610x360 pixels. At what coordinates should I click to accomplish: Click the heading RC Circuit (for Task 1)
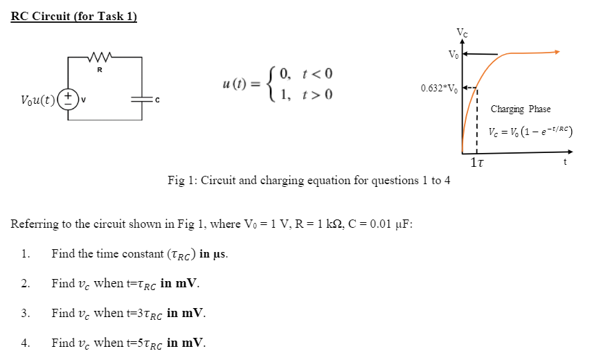coord(74,17)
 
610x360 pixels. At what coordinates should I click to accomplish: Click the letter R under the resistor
coord(100,69)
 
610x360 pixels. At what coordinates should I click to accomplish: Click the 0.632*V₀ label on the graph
coord(439,88)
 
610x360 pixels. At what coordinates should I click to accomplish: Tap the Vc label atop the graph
coord(462,32)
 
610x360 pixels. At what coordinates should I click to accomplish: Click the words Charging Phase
coord(521,109)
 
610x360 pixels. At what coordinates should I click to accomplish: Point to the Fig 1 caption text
coord(309,181)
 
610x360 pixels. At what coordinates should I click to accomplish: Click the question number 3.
coord(25,313)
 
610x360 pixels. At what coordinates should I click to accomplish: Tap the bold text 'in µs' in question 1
coord(214,253)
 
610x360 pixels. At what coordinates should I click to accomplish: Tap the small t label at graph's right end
coord(565,162)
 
